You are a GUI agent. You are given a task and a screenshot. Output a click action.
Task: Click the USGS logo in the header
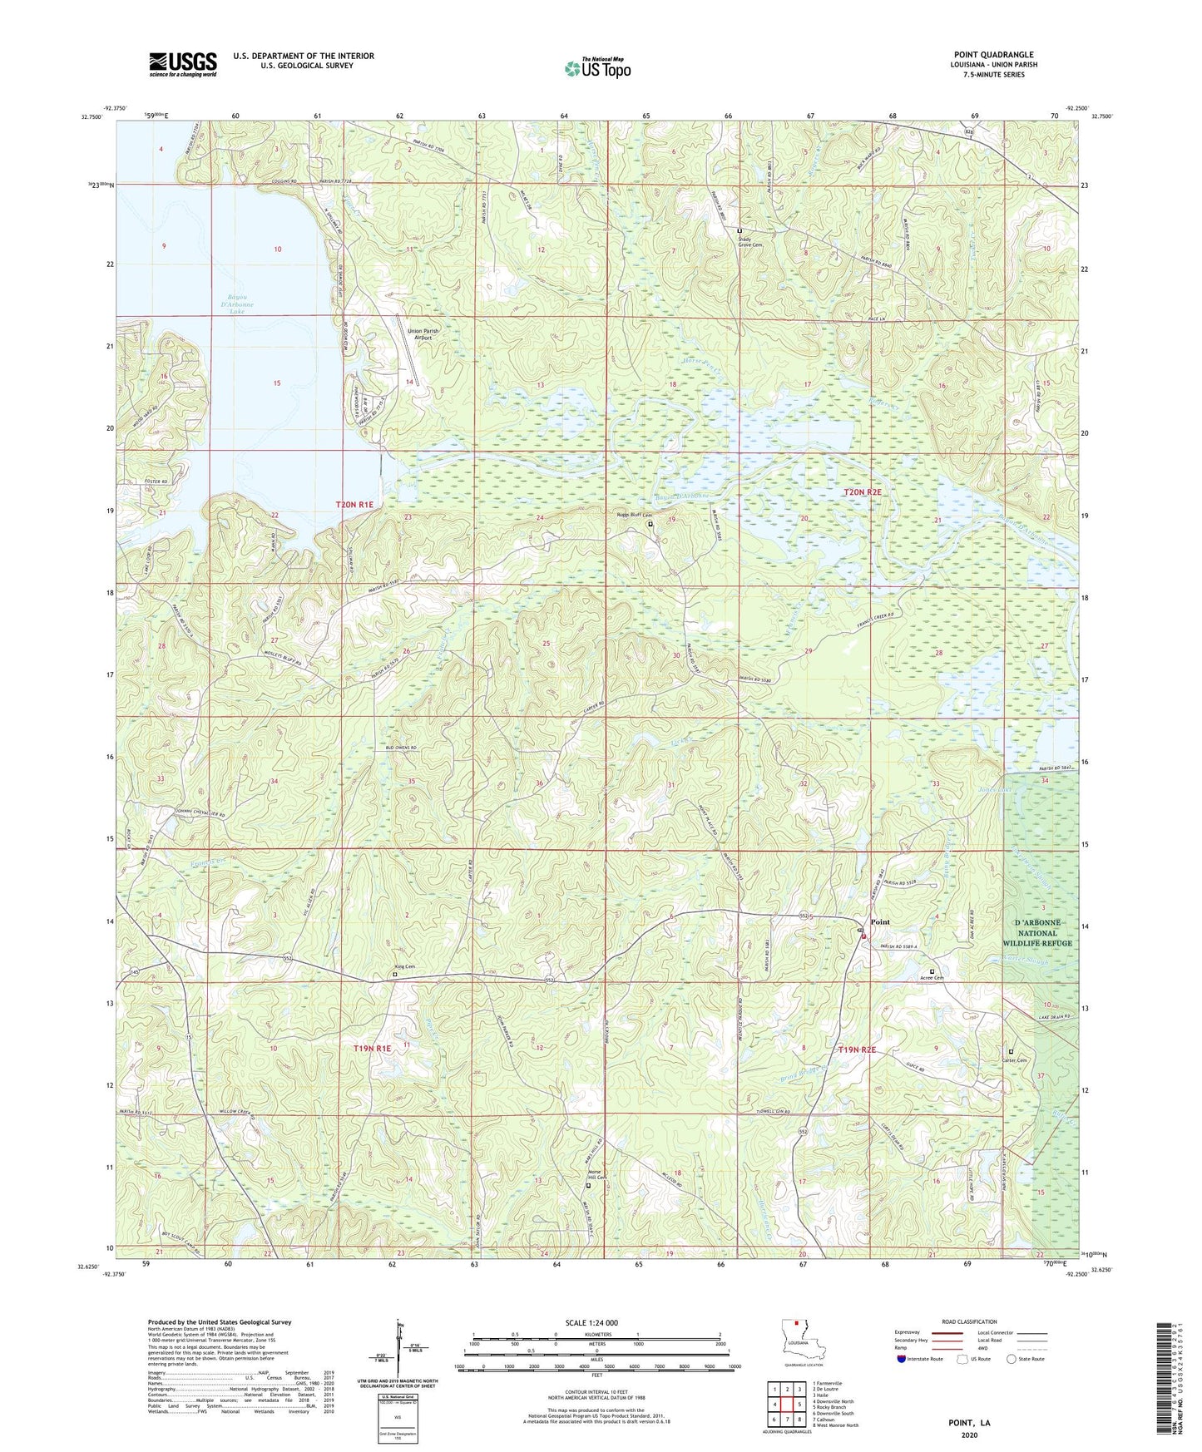tap(183, 63)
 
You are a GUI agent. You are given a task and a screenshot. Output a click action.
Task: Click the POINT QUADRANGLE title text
tap(993, 55)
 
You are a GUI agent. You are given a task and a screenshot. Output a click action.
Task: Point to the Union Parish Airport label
tap(423, 334)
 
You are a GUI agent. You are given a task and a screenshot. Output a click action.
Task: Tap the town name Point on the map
tap(879, 922)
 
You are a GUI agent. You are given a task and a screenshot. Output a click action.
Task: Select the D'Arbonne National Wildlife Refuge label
tap(1036, 933)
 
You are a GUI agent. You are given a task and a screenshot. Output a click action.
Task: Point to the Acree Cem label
tap(932, 978)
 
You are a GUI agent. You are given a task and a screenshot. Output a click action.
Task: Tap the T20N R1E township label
tap(355, 505)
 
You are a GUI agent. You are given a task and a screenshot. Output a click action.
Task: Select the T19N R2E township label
tap(858, 1050)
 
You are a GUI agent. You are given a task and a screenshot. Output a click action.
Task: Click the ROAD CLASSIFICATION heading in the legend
tap(967, 1321)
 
